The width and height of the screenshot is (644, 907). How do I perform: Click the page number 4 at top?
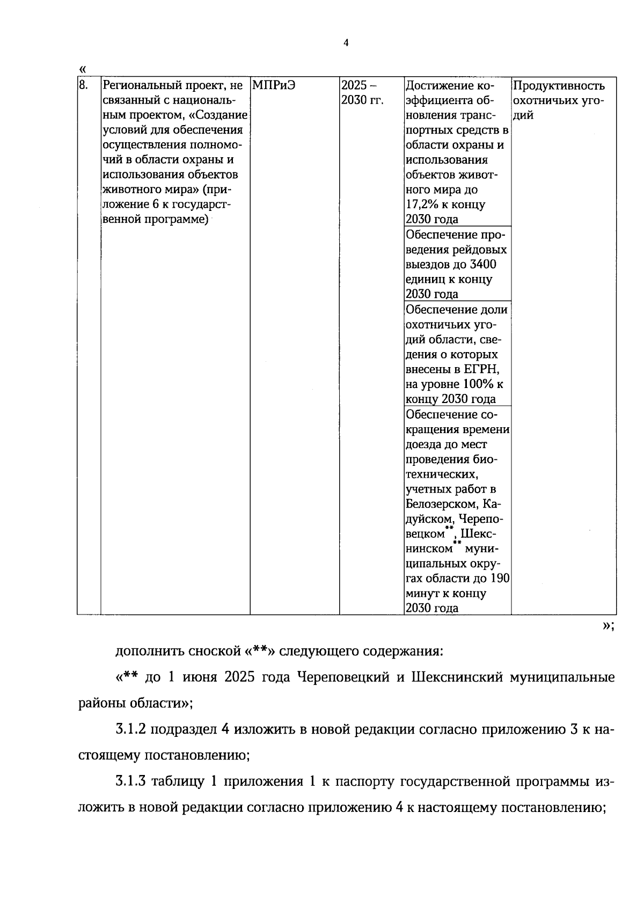pos(346,43)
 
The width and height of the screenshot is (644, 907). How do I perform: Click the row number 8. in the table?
pos(84,85)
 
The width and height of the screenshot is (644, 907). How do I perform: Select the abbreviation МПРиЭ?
pos(274,85)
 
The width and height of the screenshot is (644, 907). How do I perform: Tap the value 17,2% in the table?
pos(422,204)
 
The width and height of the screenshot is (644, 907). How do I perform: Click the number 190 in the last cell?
pos(500,579)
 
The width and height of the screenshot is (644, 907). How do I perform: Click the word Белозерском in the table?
pos(442,504)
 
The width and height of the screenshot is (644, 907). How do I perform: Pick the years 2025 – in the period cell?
pos(359,85)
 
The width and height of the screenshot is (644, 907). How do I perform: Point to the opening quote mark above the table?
pos(82,69)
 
